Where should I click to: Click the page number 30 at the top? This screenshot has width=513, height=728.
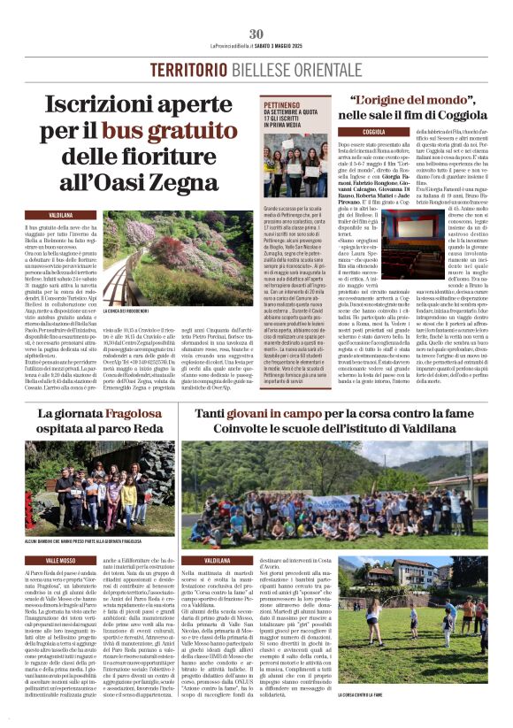(256, 34)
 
